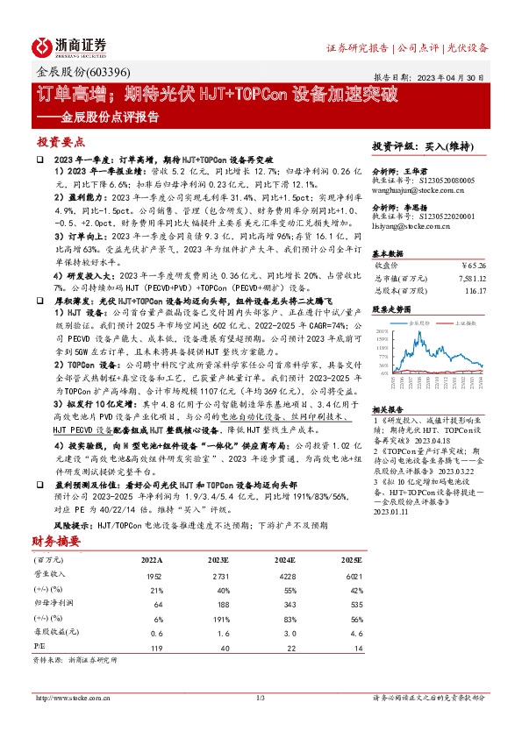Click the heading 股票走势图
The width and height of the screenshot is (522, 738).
pos(391,309)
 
